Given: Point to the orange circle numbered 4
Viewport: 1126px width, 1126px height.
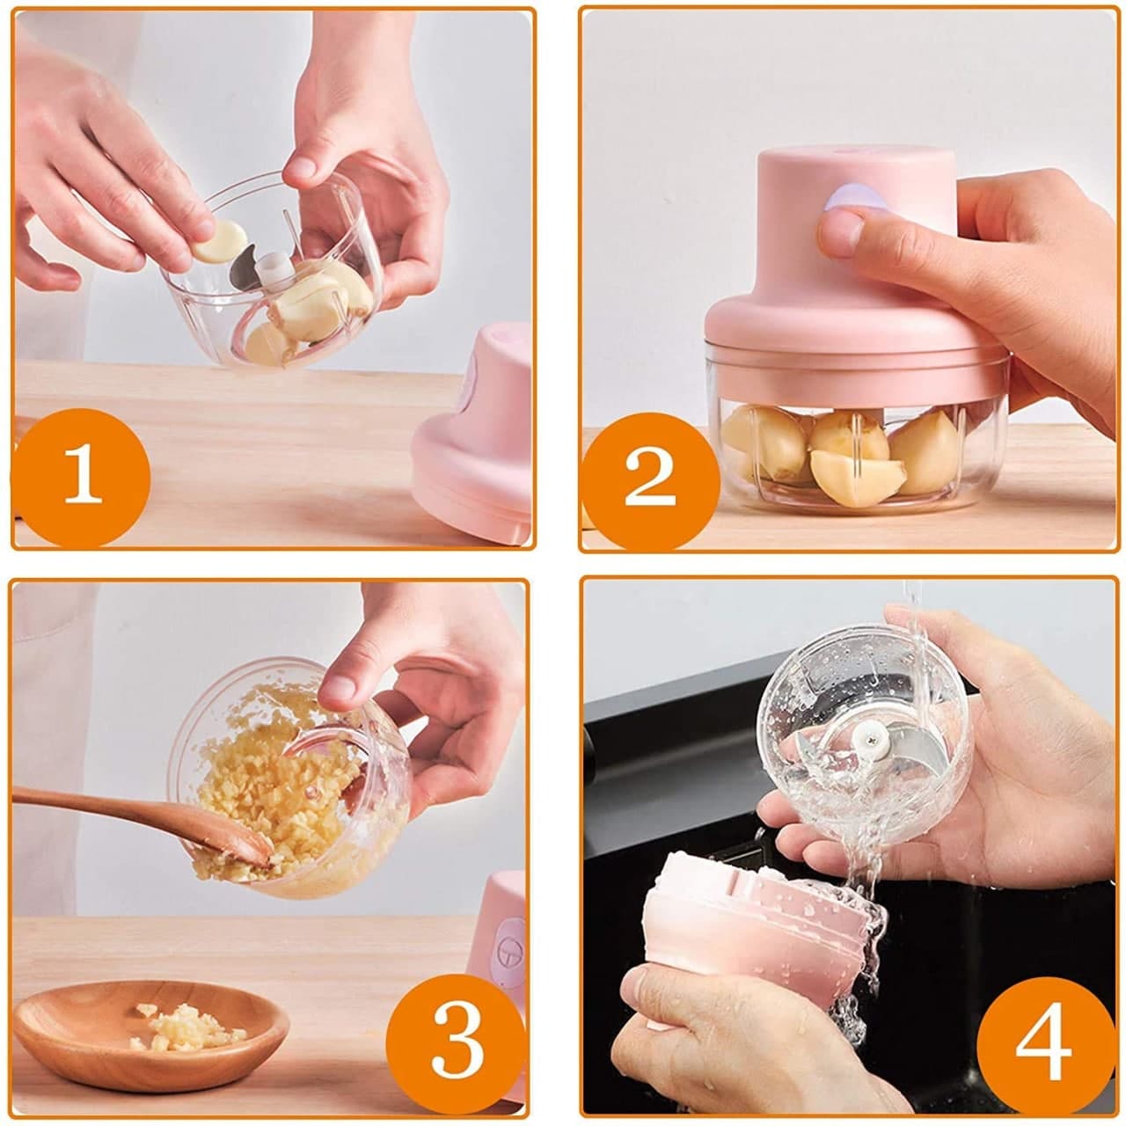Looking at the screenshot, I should pos(1043,1044).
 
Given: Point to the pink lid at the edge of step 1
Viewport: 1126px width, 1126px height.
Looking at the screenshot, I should pos(475,440).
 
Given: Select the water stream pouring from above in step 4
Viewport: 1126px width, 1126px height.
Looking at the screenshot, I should pos(915,633).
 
